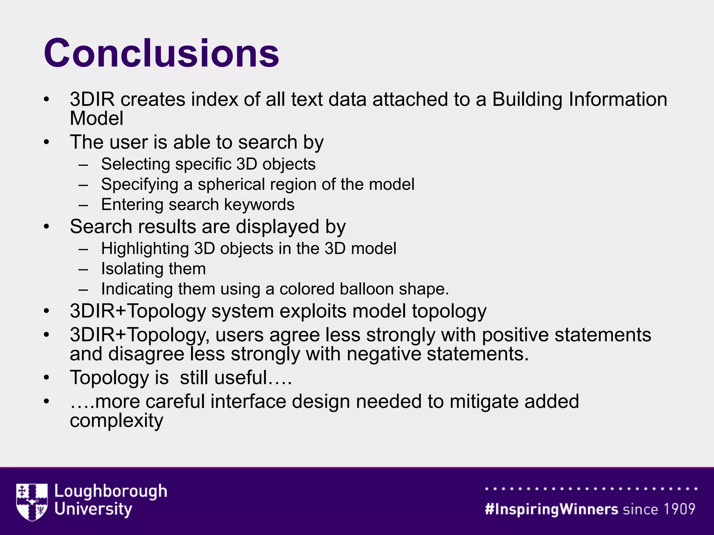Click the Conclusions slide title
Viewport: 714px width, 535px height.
tap(161, 53)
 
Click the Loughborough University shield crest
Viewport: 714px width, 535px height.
tap(32, 502)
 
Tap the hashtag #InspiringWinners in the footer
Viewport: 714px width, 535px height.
tap(551, 509)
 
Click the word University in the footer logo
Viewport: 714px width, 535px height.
tap(93, 509)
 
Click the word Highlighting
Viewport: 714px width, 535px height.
tap(145, 249)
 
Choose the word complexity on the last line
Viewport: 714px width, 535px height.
tap(116, 421)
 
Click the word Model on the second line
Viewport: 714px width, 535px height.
tap(97, 118)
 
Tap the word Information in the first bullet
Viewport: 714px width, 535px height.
tap(617, 99)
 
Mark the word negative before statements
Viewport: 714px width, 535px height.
tap(384, 354)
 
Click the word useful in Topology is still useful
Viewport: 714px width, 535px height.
tap(241, 378)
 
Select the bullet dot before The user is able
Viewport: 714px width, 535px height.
tap(47, 142)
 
